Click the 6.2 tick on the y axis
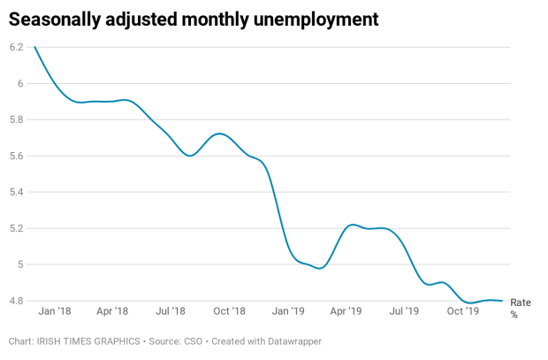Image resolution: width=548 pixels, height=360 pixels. coord(16,47)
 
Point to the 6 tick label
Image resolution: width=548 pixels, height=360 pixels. coord(20,83)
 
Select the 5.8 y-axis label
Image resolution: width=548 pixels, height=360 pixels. coord(16,119)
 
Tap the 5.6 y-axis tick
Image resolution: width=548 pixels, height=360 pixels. coord(16,156)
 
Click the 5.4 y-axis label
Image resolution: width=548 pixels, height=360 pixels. coord(16,192)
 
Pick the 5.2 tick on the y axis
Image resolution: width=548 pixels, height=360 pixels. coord(16,228)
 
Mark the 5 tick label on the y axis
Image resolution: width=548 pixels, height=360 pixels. coord(20,264)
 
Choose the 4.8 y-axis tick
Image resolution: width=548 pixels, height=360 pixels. coord(16,301)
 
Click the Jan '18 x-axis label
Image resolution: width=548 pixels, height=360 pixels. coord(55,311)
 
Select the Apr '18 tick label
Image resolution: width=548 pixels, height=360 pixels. coord(112,311)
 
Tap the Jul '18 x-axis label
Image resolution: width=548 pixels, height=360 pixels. coord(171,311)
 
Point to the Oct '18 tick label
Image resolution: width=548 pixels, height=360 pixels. coord(229,311)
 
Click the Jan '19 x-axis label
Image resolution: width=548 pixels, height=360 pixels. coord(288,311)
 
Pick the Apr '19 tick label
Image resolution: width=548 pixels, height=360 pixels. coord(346,311)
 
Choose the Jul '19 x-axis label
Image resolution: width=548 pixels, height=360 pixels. coord(404,311)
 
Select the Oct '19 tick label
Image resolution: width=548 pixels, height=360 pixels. coord(462,311)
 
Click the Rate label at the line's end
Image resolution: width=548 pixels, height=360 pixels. coord(521,303)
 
